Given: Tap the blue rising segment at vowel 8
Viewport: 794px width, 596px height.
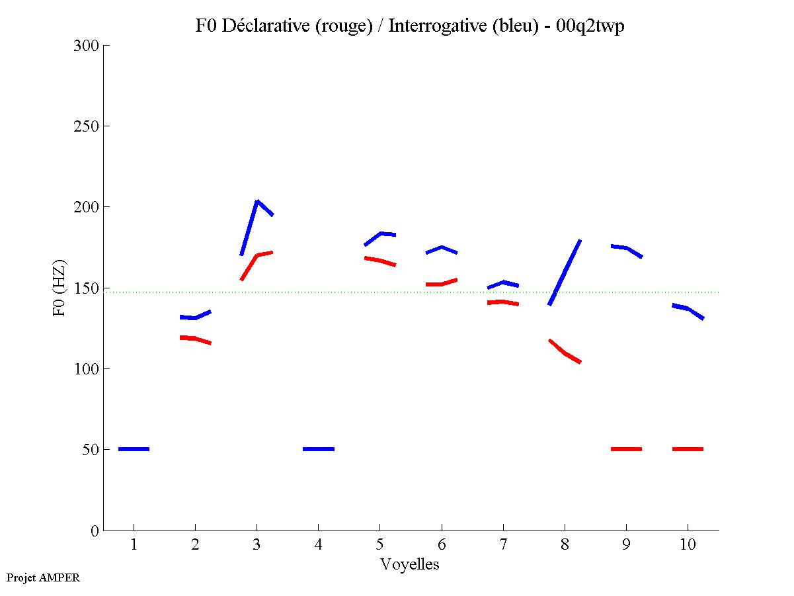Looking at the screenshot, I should (565, 272).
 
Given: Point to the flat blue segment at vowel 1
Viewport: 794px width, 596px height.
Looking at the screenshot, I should (134, 449).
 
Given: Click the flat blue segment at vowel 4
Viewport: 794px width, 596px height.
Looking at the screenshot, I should (319, 449).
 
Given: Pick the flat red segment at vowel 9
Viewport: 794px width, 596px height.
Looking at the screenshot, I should (626, 449).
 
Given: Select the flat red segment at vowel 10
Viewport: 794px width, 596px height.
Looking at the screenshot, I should (688, 449).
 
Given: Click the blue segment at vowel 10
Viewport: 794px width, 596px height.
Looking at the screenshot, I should (688, 309).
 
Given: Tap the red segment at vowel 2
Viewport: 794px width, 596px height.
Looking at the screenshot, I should (195, 339).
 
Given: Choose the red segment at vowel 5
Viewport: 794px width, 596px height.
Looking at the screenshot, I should (379, 261).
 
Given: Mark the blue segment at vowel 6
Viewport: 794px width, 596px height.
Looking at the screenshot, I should (441, 248).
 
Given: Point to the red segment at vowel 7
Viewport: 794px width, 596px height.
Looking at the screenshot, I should (503, 302).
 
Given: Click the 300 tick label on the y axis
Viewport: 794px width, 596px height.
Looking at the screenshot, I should (87, 46).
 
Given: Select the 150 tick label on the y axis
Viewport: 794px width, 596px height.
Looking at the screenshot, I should (87, 288).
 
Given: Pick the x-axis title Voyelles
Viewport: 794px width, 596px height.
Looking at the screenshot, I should (410, 564).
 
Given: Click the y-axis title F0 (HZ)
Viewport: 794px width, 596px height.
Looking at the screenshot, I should (60, 288).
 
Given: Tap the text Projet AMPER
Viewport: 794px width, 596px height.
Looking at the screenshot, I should (43, 577).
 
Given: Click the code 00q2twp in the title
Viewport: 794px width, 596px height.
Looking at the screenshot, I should (592, 26).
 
